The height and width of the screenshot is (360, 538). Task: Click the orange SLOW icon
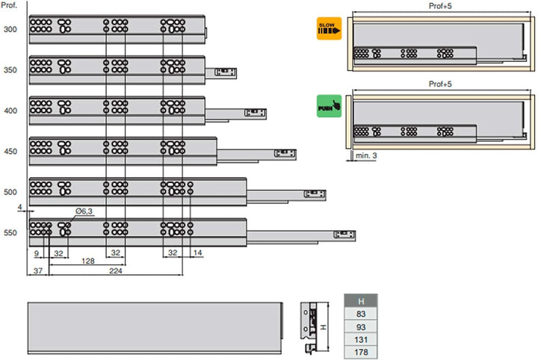[x=329, y=28]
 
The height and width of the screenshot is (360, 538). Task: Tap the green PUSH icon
[x=329, y=106]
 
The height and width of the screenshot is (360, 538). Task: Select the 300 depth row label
[x=10, y=30]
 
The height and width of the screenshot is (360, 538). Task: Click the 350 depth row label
[x=10, y=70]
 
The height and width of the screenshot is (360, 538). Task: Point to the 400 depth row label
[x=10, y=111]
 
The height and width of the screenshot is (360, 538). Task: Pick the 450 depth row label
[x=10, y=152]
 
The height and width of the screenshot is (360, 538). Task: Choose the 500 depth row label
[x=10, y=192]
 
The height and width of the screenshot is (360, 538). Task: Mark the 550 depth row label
[x=10, y=233]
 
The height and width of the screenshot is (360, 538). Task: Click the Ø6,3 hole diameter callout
[x=84, y=212]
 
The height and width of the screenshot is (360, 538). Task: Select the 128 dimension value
[x=88, y=261]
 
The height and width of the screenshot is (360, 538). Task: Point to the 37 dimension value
[x=37, y=272]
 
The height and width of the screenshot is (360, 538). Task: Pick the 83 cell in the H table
[x=361, y=314]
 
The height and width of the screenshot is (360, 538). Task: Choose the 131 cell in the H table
[x=361, y=340]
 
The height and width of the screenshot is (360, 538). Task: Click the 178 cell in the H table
[x=361, y=353]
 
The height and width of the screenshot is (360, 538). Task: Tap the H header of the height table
[x=361, y=301]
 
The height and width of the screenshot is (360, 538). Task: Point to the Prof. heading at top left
[x=10, y=6]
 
